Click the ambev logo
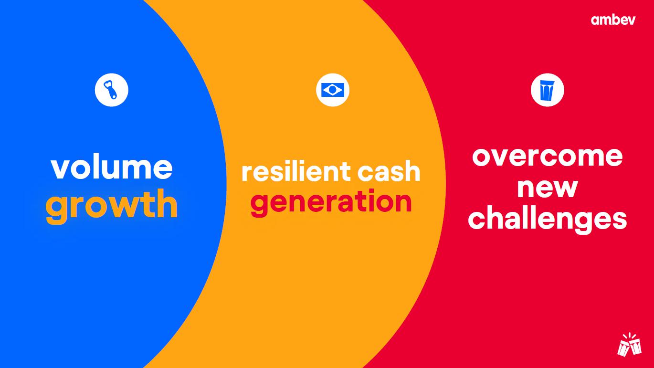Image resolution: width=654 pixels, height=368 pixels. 613,20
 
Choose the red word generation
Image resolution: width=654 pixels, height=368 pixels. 331,202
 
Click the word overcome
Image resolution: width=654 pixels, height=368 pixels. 548,157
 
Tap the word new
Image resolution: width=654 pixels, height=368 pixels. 548,188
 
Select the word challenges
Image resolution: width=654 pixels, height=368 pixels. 548,220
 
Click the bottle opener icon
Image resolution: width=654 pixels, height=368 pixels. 112,90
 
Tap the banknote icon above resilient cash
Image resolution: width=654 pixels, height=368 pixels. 333,90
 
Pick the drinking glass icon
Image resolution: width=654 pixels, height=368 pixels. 548,90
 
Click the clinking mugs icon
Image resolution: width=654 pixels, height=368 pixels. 630,345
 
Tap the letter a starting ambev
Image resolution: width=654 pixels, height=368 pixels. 596,21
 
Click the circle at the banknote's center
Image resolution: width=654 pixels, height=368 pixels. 333,90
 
